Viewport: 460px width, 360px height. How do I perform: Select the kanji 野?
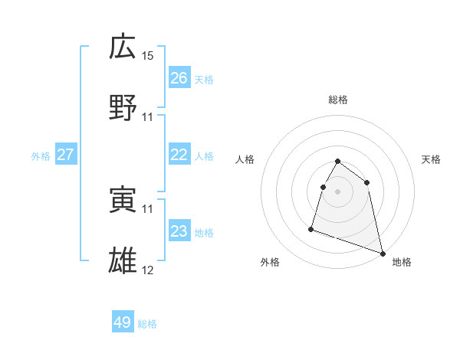coord(123,107)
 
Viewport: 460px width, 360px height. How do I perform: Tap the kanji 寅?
coord(123,200)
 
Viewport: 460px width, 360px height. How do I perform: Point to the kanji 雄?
coord(123,260)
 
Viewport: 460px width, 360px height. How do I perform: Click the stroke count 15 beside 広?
coord(148,56)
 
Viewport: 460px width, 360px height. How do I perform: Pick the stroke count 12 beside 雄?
coord(148,270)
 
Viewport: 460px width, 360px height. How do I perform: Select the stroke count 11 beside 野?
coord(148,116)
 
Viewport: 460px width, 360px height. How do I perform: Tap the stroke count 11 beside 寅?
coord(148,208)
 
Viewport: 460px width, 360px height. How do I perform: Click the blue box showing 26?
coord(179,78)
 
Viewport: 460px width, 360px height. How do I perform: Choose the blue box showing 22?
coord(179,155)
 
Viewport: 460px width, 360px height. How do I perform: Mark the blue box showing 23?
coord(179,231)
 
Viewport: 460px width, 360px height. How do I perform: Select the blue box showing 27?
coord(65,155)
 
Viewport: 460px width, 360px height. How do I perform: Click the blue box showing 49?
coord(123,322)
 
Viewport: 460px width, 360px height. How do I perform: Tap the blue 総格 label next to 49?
coord(147,324)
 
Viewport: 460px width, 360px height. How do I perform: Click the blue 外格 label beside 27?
coord(41,156)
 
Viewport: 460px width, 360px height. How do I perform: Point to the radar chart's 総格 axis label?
coord(338,100)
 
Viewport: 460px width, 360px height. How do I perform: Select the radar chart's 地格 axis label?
coord(402,262)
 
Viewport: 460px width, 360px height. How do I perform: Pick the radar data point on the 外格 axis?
coord(311,228)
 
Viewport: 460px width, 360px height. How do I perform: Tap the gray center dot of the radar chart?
coord(338,191)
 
